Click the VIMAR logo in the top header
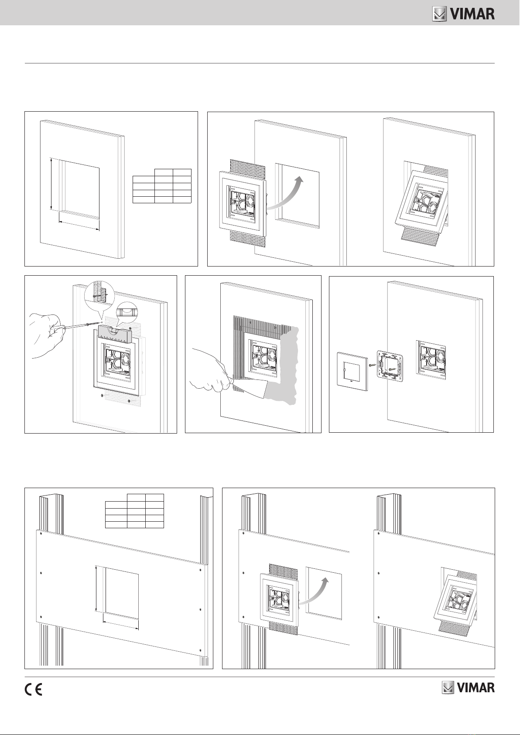[x=463, y=14]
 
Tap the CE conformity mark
[x=33, y=690]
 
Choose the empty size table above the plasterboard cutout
[x=134, y=511]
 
